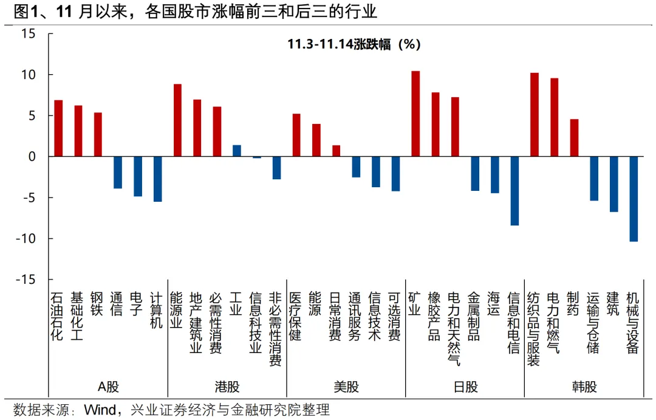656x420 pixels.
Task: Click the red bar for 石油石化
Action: click(59, 128)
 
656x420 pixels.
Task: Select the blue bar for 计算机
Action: click(157, 179)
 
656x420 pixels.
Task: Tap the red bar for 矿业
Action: click(415, 114)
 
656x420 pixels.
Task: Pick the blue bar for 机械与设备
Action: click(634, 199)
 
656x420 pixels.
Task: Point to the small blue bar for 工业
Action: click(237, 151)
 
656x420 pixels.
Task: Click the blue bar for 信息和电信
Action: click(514, 191)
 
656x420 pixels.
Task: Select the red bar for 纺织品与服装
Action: click(535, 115)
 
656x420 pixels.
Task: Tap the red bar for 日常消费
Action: click(336, 151)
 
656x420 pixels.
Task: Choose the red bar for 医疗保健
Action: click(296, 135)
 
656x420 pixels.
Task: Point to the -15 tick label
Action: click(26, 280)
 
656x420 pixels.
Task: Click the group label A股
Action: click(108, 387)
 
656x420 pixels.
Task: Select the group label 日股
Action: click(465, 387)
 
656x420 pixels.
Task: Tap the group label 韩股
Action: click(584, 387)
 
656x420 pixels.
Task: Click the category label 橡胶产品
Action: click(435, 315)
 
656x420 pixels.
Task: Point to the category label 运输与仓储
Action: click(593, 322)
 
